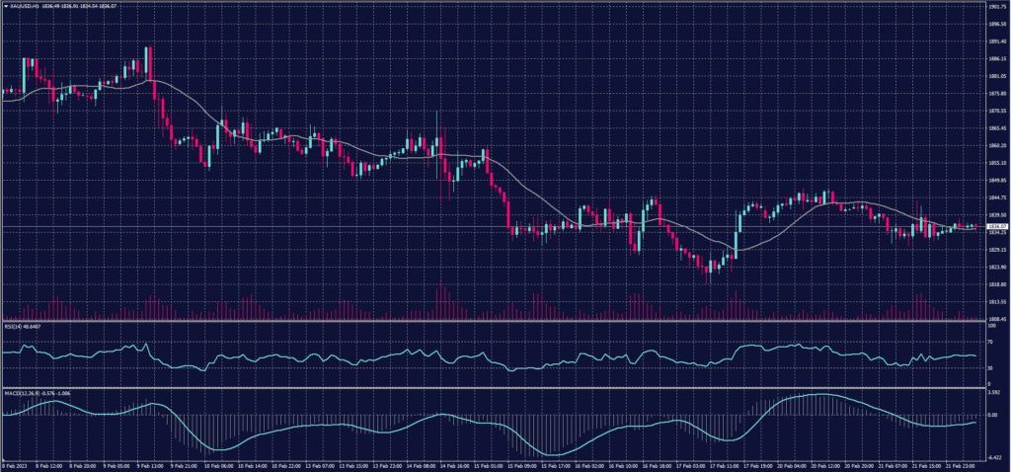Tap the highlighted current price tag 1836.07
(x=995, y=226)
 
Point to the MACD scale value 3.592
(x=992, y=393)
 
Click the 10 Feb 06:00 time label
(x=220, y=465)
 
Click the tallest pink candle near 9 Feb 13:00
(x=148, y=62)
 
